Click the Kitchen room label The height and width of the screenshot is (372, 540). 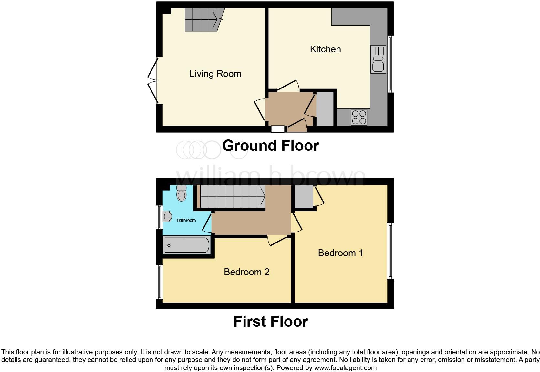325,49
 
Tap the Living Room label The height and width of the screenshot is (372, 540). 215,74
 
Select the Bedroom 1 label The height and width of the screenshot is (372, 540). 340,253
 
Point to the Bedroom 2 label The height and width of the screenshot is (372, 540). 246,272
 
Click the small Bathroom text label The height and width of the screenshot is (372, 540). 186,220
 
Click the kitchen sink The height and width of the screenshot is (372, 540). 378,59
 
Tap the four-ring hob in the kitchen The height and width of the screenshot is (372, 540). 359,117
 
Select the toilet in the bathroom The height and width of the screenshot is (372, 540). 182,193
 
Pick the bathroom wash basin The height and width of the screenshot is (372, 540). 167,216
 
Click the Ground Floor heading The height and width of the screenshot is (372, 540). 270,146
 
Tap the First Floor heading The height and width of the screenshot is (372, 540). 270,322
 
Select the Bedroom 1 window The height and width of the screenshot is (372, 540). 390,251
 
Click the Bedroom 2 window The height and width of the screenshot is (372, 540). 159,282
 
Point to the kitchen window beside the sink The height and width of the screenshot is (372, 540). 390,64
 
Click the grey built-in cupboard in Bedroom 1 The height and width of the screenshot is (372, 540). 303,197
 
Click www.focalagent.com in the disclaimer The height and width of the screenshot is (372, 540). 345,367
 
